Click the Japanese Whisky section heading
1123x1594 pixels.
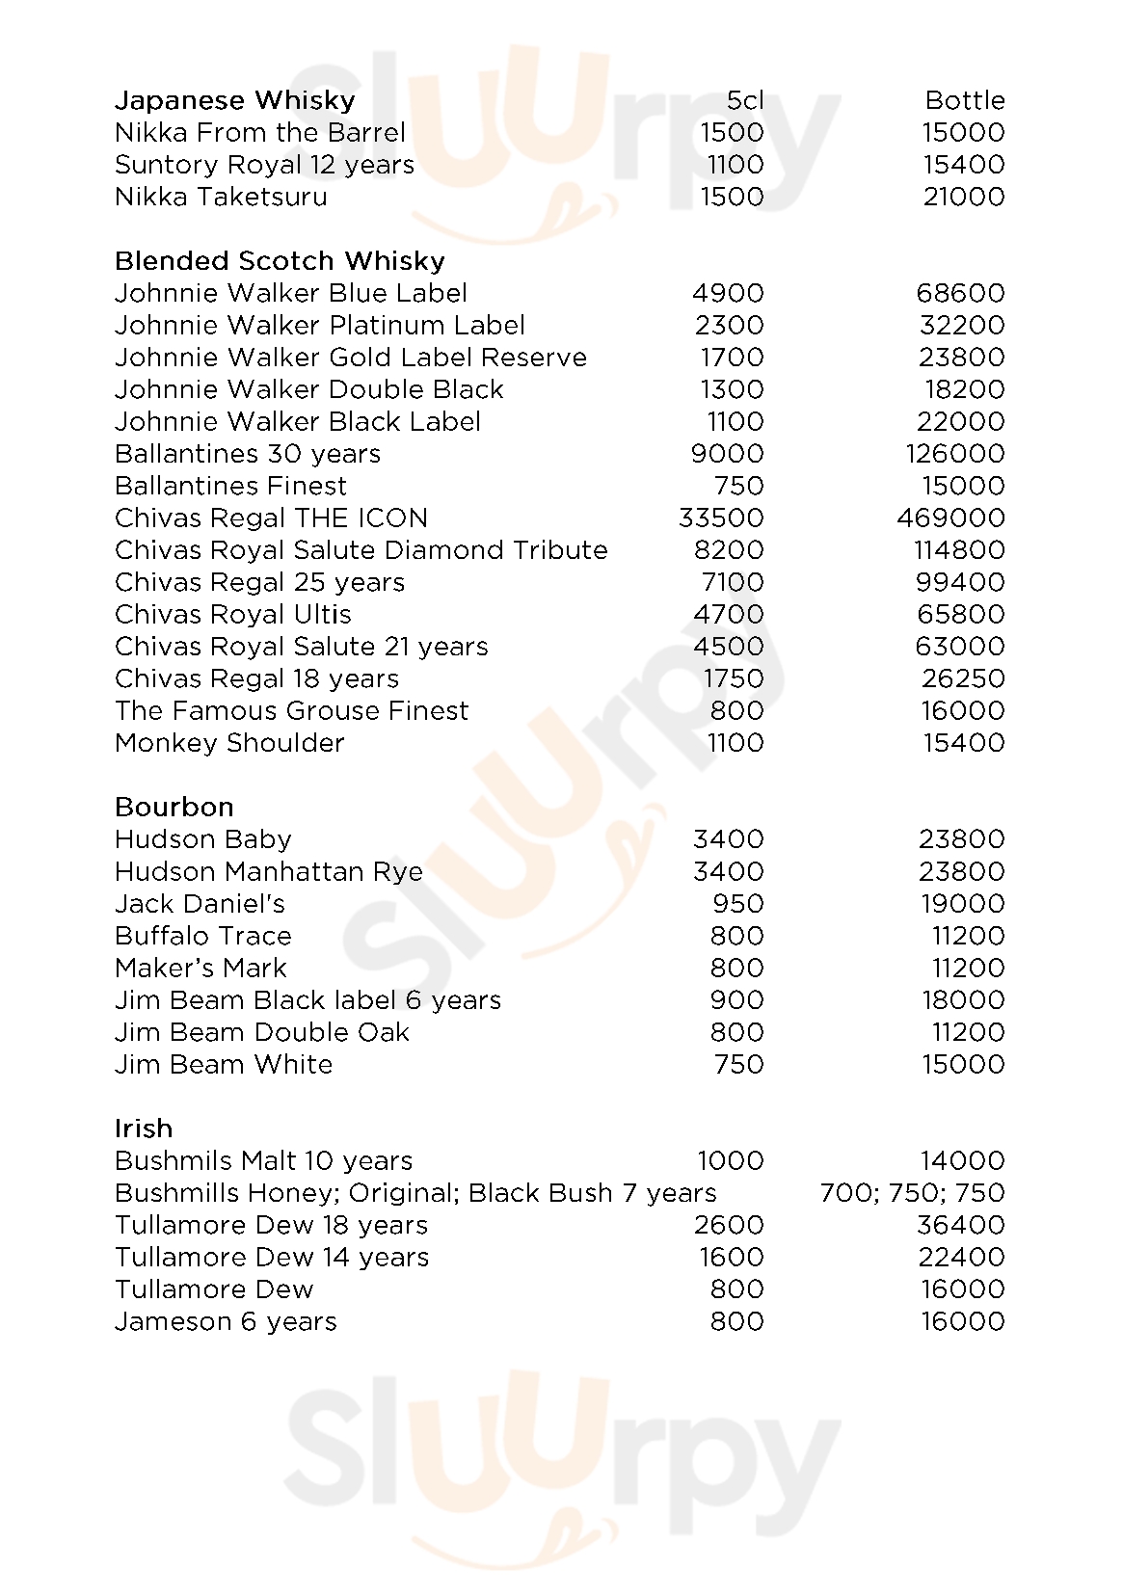(x=235, y=100)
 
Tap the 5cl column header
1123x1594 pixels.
(x=744, y=100)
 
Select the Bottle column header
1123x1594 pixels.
(x=964, y=100)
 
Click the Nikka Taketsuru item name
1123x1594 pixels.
(x=221, y=197)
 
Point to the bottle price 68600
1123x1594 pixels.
(x=961, y=293)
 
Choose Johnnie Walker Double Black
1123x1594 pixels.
(x=308, y=389)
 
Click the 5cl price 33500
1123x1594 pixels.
(x=721, y=518)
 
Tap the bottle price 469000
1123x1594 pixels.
(x=950, y=518)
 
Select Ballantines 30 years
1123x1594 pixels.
(x=248, y=454)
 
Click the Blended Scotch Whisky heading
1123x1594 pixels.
(x=280, y=261)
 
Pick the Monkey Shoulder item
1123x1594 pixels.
(x=229, y=743)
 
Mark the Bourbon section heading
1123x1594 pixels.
(x=174, y=808)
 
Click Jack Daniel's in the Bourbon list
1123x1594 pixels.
(x=200, y=904)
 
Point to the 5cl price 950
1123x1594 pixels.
(x=737, y=904)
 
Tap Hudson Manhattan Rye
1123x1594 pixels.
(x=269, y=872)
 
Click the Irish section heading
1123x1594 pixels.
(x=144, y=1129)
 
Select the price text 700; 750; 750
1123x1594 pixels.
(x=912, y=1193)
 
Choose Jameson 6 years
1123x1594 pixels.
(x=226, y=1322)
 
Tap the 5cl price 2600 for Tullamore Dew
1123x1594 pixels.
(x=729, y=1225)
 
